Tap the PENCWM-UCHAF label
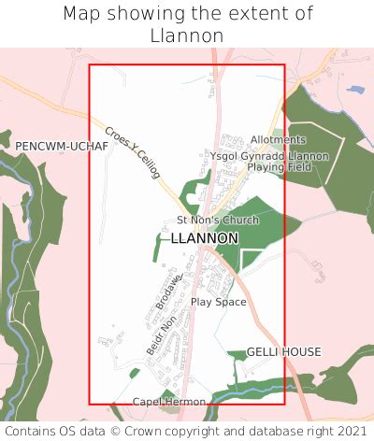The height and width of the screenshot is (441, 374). coord(55,147)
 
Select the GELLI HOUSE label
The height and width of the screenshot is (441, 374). coord(283,352)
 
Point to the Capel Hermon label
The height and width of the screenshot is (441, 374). coord(168,402)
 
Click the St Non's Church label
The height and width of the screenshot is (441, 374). coord(218,220)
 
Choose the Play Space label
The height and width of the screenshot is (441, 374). coord(218,302)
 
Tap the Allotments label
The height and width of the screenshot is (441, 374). coord(278,140)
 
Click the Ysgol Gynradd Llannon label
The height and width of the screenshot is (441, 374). coord(269,155)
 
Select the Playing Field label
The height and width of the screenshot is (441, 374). coord(277,167)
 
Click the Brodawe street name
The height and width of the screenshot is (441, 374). coord(167,291)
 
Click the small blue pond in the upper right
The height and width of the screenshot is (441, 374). coord(354,91)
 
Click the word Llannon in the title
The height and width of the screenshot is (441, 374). coord(187,36)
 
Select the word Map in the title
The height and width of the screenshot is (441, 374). coord(81,14)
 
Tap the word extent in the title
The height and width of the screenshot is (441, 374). coord(258,14)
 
